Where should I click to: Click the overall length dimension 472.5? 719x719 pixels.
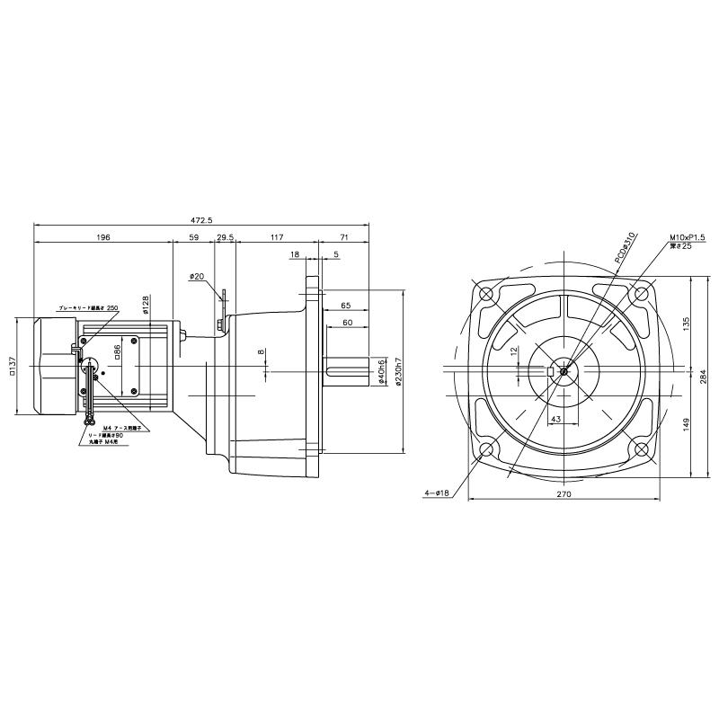pyautogui.click(x=201, y=219)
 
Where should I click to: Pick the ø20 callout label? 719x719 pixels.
pyautogui.click(x=197, y=277)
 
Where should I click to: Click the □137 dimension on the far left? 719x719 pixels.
pyautogui.click(x=13, y=368)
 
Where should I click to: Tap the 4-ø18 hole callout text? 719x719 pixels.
pyautogui.click(x=437, y=493)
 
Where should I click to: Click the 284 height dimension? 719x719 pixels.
pyautogui.click(x=703, y=377)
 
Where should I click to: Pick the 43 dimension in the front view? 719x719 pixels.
pyautogui.click(x=556, y=420)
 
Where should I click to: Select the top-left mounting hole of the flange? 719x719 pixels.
pyautogui.click(x=486, y=294)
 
